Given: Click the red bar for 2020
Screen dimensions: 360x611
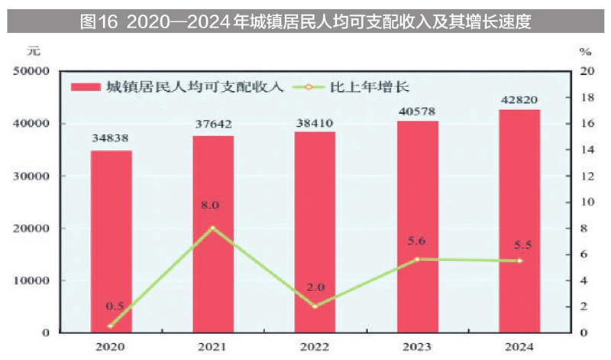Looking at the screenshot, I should (x=112, y=241).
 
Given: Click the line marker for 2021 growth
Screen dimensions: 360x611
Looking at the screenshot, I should (x=213, y=228).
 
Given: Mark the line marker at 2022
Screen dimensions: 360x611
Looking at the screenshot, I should (x=315, y=306).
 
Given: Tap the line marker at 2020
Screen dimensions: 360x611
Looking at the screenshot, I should (x=112, y=326).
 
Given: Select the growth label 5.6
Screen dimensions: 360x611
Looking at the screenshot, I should (x=417, y=241).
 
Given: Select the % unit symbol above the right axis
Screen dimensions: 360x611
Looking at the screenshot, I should (x=585, y=53).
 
